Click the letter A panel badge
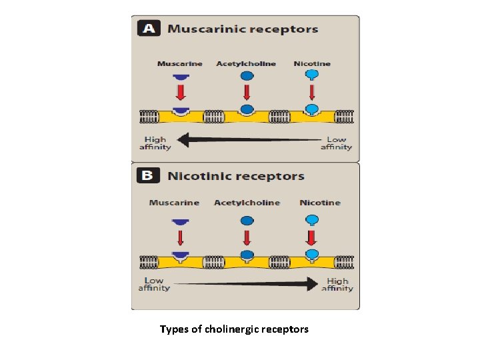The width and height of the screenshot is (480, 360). point(147,29)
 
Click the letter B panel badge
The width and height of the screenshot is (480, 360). point(147,176)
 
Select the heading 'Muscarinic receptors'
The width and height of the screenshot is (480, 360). point(243,29)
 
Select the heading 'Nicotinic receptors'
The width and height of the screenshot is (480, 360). point(236,177)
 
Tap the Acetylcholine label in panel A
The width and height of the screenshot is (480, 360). point(245,64)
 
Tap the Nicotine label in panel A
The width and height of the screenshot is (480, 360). point(312,64)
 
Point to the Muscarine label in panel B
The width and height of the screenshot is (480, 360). point(174,203)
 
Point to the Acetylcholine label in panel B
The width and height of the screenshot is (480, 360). point(247,203)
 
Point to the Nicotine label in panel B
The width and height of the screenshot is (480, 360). point(320,203)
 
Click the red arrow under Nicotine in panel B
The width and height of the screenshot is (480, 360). point(311,237)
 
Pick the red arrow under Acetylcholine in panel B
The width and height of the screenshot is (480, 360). point(247,237)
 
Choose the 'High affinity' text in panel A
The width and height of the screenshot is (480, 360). point(155,143)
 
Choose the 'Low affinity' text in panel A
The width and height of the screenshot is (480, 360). point(337,143)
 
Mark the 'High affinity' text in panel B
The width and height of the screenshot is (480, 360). point(337,285)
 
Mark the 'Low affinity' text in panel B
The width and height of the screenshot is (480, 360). point(154,284)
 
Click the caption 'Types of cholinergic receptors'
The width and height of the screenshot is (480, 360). point(234,329)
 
